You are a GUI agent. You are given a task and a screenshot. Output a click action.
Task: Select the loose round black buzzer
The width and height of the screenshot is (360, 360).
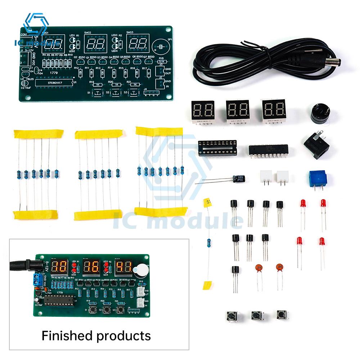point(318,113)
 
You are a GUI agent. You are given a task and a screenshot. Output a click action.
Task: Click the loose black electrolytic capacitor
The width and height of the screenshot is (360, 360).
point(239,179)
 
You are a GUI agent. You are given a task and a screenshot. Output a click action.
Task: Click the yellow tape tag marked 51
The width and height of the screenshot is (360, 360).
point(207,203)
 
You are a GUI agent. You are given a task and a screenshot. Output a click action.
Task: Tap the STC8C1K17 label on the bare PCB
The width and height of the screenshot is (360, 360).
point(57,82)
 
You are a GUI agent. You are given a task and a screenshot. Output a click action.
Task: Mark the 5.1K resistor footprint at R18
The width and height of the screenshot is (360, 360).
point(161,62)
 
